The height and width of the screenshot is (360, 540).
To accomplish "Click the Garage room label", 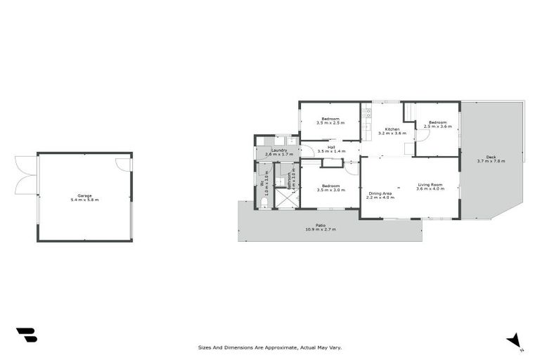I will pyautogui.click(x=84, y=195).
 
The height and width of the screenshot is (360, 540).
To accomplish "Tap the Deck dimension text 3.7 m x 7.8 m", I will pyautogui.click(x=491, y=161).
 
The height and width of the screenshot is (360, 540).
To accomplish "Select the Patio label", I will pyautogui.click(x=320, y=225).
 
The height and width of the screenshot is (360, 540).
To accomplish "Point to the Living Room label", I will pyautogui.click(x=430, y=184).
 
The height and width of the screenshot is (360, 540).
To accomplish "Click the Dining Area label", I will pyautogui.click(x=381, y=193).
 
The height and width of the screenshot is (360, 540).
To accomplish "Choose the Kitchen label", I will pyautogui.click(x=392, y=129).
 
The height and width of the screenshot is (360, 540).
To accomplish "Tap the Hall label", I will pyautogui.click(x=330, y=147).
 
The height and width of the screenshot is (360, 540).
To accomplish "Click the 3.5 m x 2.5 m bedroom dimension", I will pyautogui.click(x=330, y=123).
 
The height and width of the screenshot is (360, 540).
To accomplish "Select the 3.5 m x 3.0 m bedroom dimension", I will pyautogui.click(x=330, y=190).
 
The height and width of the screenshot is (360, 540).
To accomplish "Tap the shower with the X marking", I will pyautogui.click(x=285, y=198).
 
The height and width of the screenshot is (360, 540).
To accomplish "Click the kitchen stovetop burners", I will pyautogui.click(x=366, y=112).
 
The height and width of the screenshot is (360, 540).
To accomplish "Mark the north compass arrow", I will pyautogui.click(x=515, y=340).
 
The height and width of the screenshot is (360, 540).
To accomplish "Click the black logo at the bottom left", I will pyautogui.click(x=27, y=335).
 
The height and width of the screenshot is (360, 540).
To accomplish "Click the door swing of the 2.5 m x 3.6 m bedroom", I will pyautogui.click(x=422, y=136).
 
